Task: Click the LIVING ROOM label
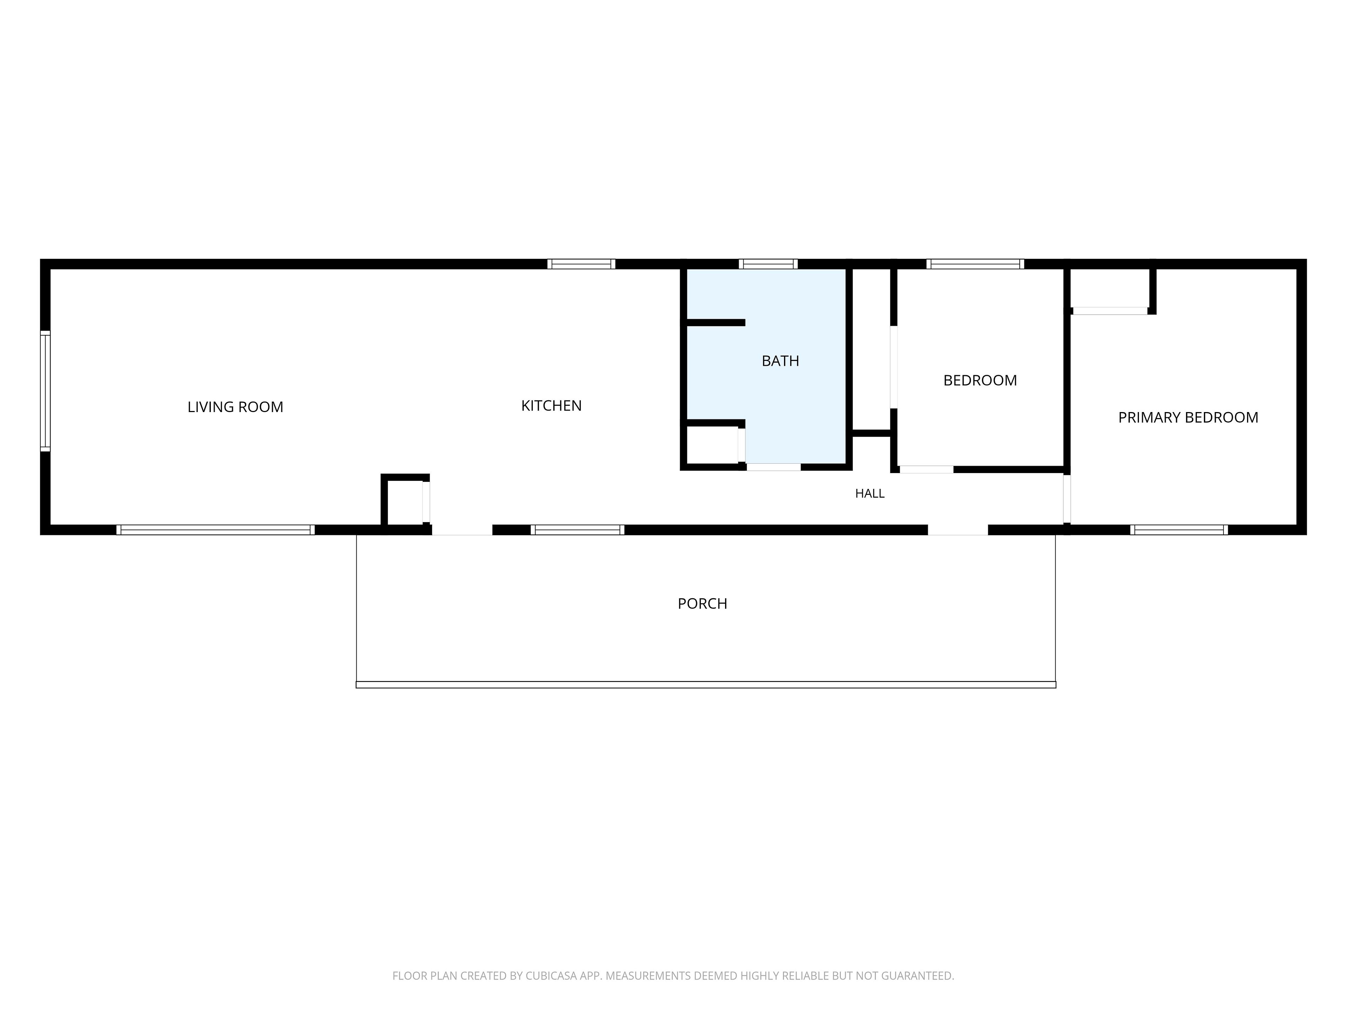click(x=235, y=407)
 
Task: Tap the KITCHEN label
click(x=551, y=405)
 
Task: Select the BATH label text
click(x=780, y=361)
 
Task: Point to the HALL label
click(x=870, y=493)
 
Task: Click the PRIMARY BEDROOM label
click(x=1188, y=418)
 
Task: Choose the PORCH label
click(x=702, y=603)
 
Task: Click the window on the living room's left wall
click(x=45, y=391)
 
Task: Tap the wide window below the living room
click(x=216, y=530)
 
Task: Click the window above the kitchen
click(x=581, y=264)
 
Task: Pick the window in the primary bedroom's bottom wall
click(x=1179, y=530)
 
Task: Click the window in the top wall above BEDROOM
click(x=975, y=264)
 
